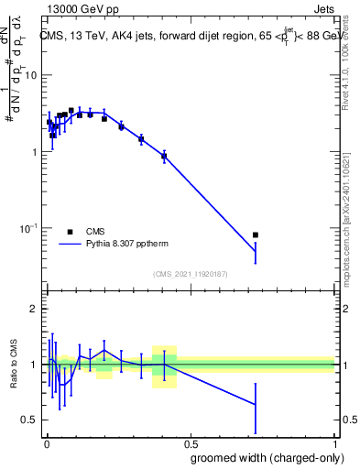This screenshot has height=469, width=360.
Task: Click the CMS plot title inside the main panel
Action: pyautogui.click(x=188, y=36)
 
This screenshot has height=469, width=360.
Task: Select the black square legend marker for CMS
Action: pyautogui.click(x=70, y=232)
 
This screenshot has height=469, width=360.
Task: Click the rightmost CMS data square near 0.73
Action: pyautogui.click(x=256, y=235)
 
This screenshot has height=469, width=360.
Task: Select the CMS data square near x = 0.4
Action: pyautogui.click(x=164, y=157)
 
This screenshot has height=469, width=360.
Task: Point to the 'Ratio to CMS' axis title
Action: pyautogui.click(x=13, y=365)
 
